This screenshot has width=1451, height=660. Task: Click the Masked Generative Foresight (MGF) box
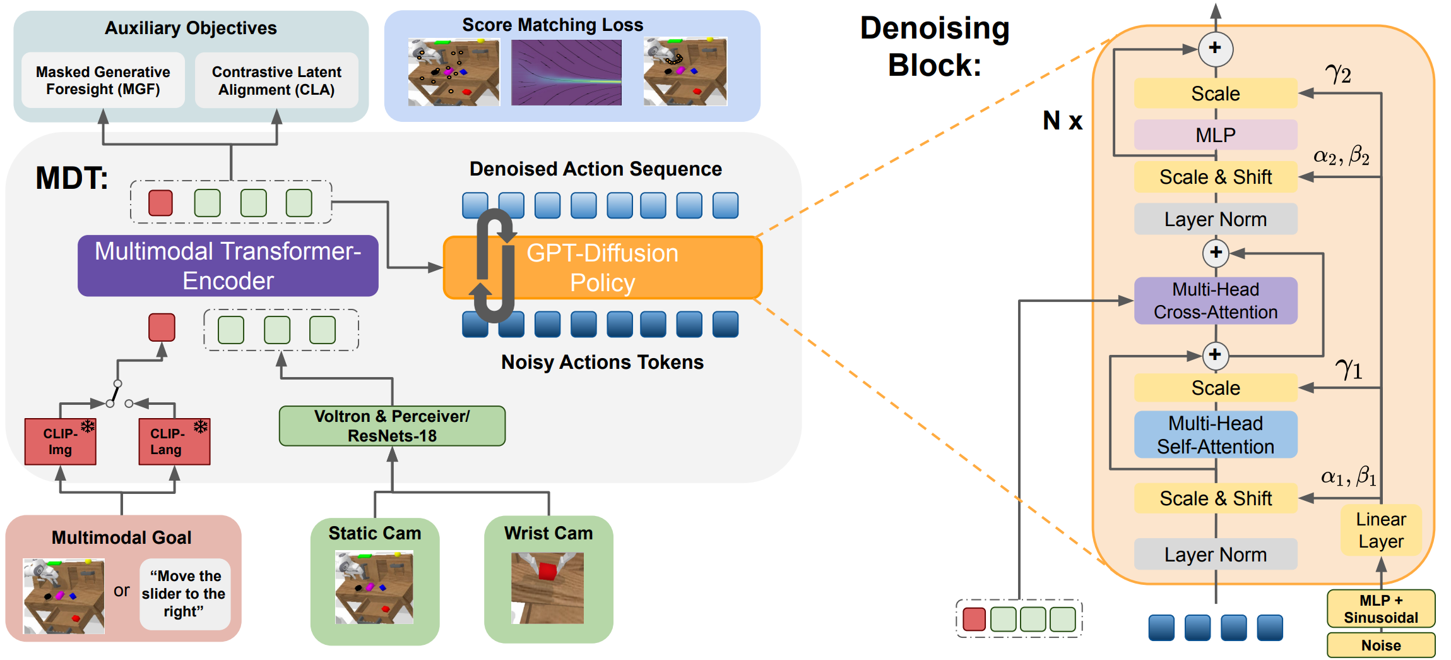pyautogui.click(x=103, y=80)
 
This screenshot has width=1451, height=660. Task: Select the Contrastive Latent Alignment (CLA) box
pyautogui.click(x=276, y=80)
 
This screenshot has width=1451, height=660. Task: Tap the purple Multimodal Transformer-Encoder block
pyautogui.click(x=228, y=266)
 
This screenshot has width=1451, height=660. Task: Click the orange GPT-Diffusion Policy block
pyautogui.click(x=603, y=268)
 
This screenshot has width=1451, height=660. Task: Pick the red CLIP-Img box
pyautogui.click(x=60, y=441)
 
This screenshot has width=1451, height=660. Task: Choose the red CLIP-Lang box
pyautogui.click(x=174, y=441)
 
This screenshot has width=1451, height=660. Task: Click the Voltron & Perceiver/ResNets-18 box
pyautogui.click(x=392, y=426)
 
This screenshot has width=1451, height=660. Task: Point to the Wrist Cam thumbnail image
pyautogui.click(x=547, y=588)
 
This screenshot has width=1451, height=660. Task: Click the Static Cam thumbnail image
pyautogui.click(x=374, y=587)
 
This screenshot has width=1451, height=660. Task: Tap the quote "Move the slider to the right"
pyautogui.click(x=184, y=594)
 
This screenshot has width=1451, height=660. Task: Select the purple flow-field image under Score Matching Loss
pyautogui.click(x=566, y=72)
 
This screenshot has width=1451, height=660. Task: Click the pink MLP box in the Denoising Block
pyautogui.click(x=1216, y=135)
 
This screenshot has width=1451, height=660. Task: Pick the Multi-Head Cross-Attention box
pyautogui.click(x=1216, y=301)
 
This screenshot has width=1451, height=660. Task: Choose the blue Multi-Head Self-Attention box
pyautogui.click(x=1216, y=435)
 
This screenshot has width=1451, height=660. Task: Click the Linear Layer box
pyautogui.click(x=1381, y=530)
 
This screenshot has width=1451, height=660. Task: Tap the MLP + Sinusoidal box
pyautogui.click(x=1381, y=609)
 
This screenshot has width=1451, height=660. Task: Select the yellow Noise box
pyautogui.click(x=1381, y=645)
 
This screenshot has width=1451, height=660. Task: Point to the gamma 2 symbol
pyautogui.click(x=1338, y=74)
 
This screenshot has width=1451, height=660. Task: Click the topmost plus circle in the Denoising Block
pyautogui.click(x=1215, y=49)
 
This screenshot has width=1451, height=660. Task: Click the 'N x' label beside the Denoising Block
pyautogui.click(x=1062, y=120)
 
